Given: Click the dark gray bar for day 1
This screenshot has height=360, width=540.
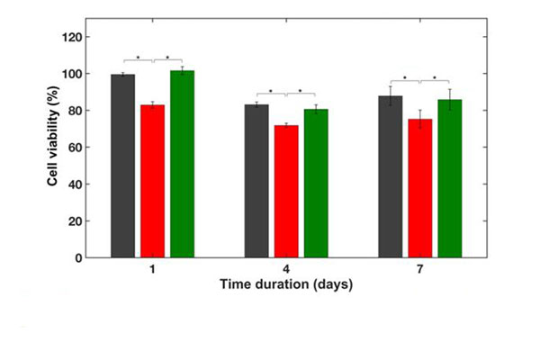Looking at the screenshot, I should tap(122, 166).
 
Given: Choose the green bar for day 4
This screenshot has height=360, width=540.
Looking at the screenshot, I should tap(316, 184).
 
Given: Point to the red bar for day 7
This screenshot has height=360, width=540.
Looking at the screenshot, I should tap(420, 188).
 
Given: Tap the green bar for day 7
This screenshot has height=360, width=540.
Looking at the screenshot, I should tap(449, 179).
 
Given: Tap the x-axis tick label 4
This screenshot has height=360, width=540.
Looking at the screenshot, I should tap(285, 270).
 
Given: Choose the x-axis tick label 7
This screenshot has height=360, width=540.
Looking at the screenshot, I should tap(420, 270).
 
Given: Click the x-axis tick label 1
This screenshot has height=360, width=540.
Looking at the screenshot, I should tap(152, 270).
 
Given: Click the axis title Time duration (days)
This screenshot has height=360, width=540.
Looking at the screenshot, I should tap(286, 284).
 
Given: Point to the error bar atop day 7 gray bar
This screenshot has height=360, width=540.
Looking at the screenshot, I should tap(391, 96).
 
